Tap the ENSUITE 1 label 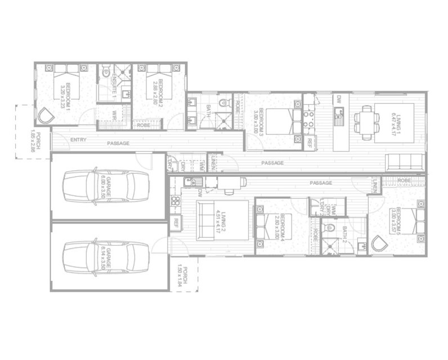click(115, 87)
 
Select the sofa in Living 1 click(405, 162)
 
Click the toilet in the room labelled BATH click(224, 103)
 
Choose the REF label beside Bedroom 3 click(310, 142)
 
